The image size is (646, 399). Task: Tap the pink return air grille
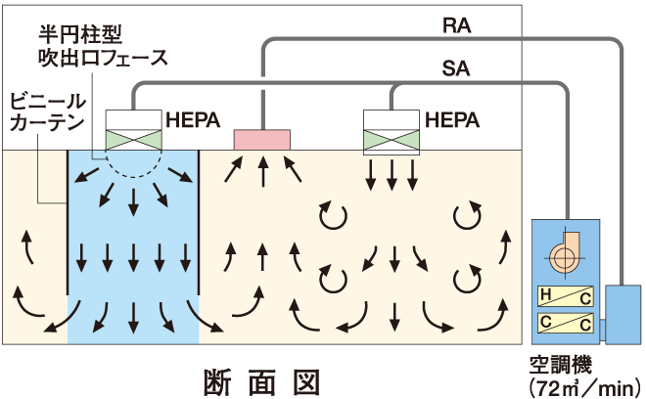click(x=261, y=139)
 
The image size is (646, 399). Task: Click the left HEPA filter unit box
click(x=133, y=129)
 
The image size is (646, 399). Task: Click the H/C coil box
click(x=563, y=296)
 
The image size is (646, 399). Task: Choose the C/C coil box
click(x=563, y=323)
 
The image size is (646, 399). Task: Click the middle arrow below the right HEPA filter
click(x=392, y=175)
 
